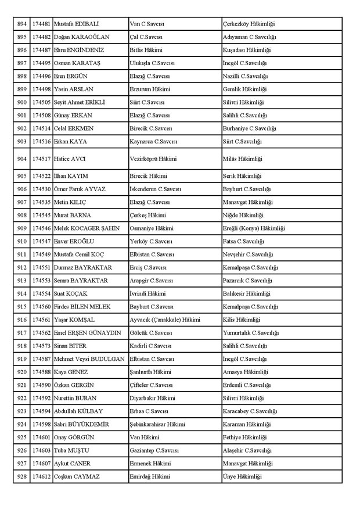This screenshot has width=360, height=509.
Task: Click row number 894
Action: pyautogui.click(x=22, y=24)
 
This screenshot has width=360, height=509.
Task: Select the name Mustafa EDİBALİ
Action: pyautogui.click(x=75, y=24)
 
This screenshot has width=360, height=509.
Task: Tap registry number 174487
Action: pyautogui.click(x=41, y=51)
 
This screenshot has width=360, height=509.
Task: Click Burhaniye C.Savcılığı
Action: pyautogui.click(x=249, y=128)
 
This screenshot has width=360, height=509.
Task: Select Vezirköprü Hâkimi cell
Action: pyautogui.click(x=153, y=159)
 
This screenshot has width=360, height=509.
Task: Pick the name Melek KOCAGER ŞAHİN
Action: pyautogui.click(x=87, y=228)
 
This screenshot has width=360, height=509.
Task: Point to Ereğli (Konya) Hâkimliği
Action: pyautogui.click(x=254, y=228)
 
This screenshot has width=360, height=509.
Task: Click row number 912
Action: pyautogui.click(x=22, y=267)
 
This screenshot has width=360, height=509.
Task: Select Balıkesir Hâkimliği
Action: pyautogui.click(x=246, y=293)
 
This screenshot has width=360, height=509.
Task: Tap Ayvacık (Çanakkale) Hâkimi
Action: pyautogui.click(x=165, y=320)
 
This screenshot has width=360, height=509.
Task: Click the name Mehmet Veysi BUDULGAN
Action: pyautogui.click(x=89, y=359)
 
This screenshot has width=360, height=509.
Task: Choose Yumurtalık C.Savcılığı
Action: pyautogui.click(x=251, y=332)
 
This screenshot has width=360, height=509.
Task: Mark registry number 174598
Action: pyautogui.click(x=41, y=424)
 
